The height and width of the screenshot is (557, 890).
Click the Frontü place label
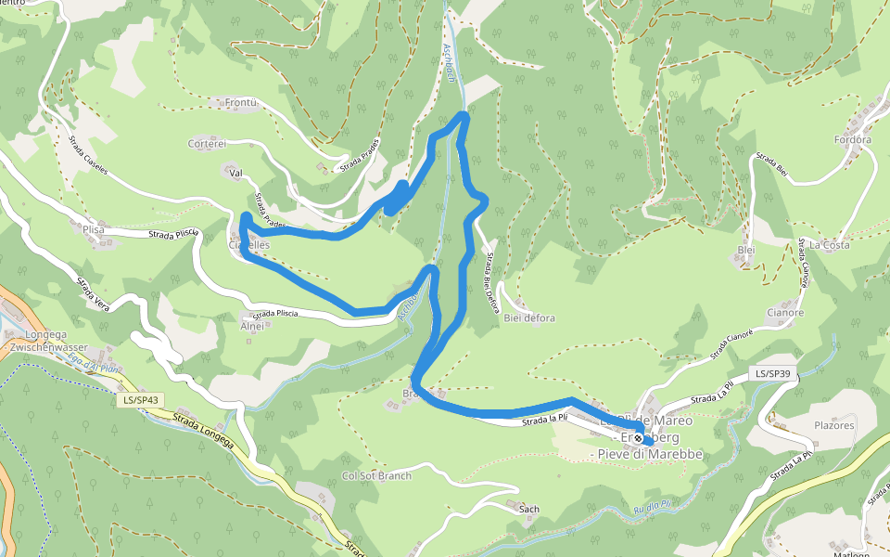239,102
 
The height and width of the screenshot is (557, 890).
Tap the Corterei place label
207,143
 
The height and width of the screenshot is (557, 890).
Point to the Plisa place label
94,226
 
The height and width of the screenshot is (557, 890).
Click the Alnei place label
252,326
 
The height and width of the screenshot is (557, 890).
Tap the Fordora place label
852,140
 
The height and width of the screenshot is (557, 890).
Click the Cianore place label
785,313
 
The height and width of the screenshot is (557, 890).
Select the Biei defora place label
529,317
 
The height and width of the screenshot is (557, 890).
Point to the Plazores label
833,425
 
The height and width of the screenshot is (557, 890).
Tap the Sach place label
528,509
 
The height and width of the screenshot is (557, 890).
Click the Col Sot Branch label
376,476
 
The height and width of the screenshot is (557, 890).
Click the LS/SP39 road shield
771,374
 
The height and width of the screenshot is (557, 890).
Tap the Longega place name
32,333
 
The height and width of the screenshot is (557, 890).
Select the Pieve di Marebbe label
650,454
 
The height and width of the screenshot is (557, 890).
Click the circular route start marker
638,438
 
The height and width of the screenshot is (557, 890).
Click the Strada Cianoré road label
731,345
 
